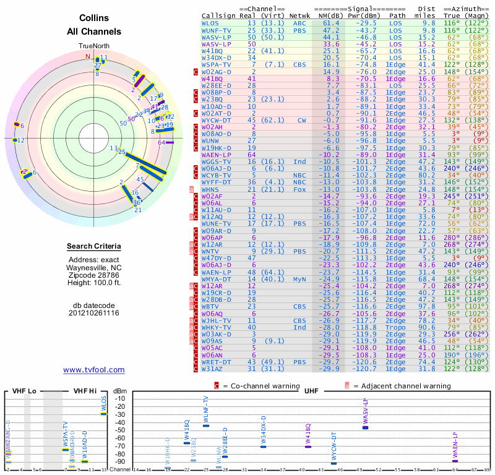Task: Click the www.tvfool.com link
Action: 94,370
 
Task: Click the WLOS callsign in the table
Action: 210,23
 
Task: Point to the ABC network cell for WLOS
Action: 299,23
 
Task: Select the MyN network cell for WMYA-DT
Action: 299,279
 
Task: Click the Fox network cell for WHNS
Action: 299,189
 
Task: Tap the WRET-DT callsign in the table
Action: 216,362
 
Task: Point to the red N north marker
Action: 88,56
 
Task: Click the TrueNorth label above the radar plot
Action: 94,46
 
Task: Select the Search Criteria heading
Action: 94,247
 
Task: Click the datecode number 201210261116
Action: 94,313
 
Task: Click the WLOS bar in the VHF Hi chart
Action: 104,413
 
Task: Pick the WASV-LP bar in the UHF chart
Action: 365,427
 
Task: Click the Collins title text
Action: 94,19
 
